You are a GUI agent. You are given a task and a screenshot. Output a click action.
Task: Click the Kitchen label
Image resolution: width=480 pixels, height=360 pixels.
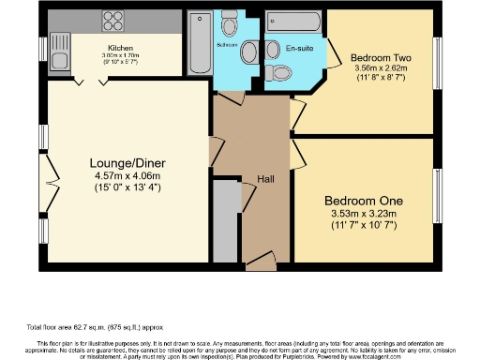pyautogui.click(x=120, y=48)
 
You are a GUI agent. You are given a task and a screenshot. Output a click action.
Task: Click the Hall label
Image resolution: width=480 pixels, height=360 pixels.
pyautogui.click(x=265, y=178)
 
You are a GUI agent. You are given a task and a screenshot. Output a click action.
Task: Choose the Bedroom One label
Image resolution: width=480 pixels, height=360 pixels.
pyautogui.click(x=363, y=201)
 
